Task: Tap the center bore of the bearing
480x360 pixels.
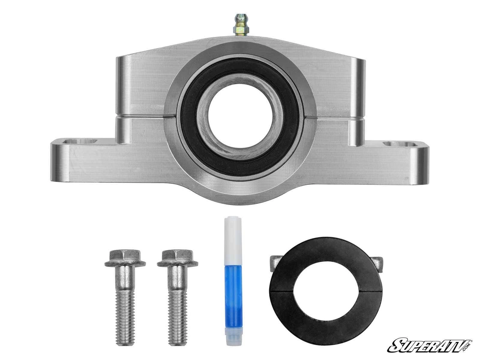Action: [x=240, y=115]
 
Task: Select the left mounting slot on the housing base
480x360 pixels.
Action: [x=80, y=141]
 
